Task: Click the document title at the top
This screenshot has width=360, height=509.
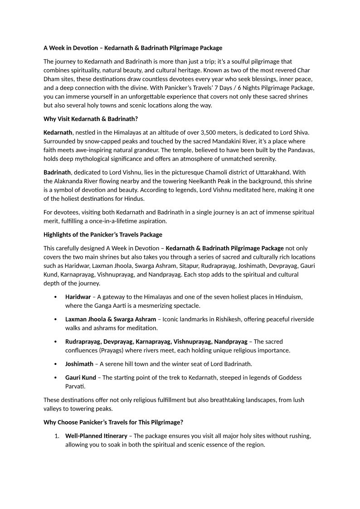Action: click(x=133, y=48)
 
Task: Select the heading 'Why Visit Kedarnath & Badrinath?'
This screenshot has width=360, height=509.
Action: click(x=90, y=119)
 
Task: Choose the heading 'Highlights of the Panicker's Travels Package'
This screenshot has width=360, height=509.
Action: click(x=102, y=234)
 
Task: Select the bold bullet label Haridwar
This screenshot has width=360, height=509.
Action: click(x=78, y=297)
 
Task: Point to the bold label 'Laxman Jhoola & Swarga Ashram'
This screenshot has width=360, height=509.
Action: click(x=111, y=319)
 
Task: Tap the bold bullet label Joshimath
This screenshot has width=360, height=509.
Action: click(x=79, y=364)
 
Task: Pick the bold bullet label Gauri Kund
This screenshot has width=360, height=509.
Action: click(x=81, y=378)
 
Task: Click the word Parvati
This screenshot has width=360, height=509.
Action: click(x=75, y=387)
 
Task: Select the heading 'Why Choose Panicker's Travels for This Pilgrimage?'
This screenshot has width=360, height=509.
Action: click(x=113, y=422)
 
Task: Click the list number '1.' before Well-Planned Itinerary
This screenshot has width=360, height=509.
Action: click(x=57, y=436)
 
